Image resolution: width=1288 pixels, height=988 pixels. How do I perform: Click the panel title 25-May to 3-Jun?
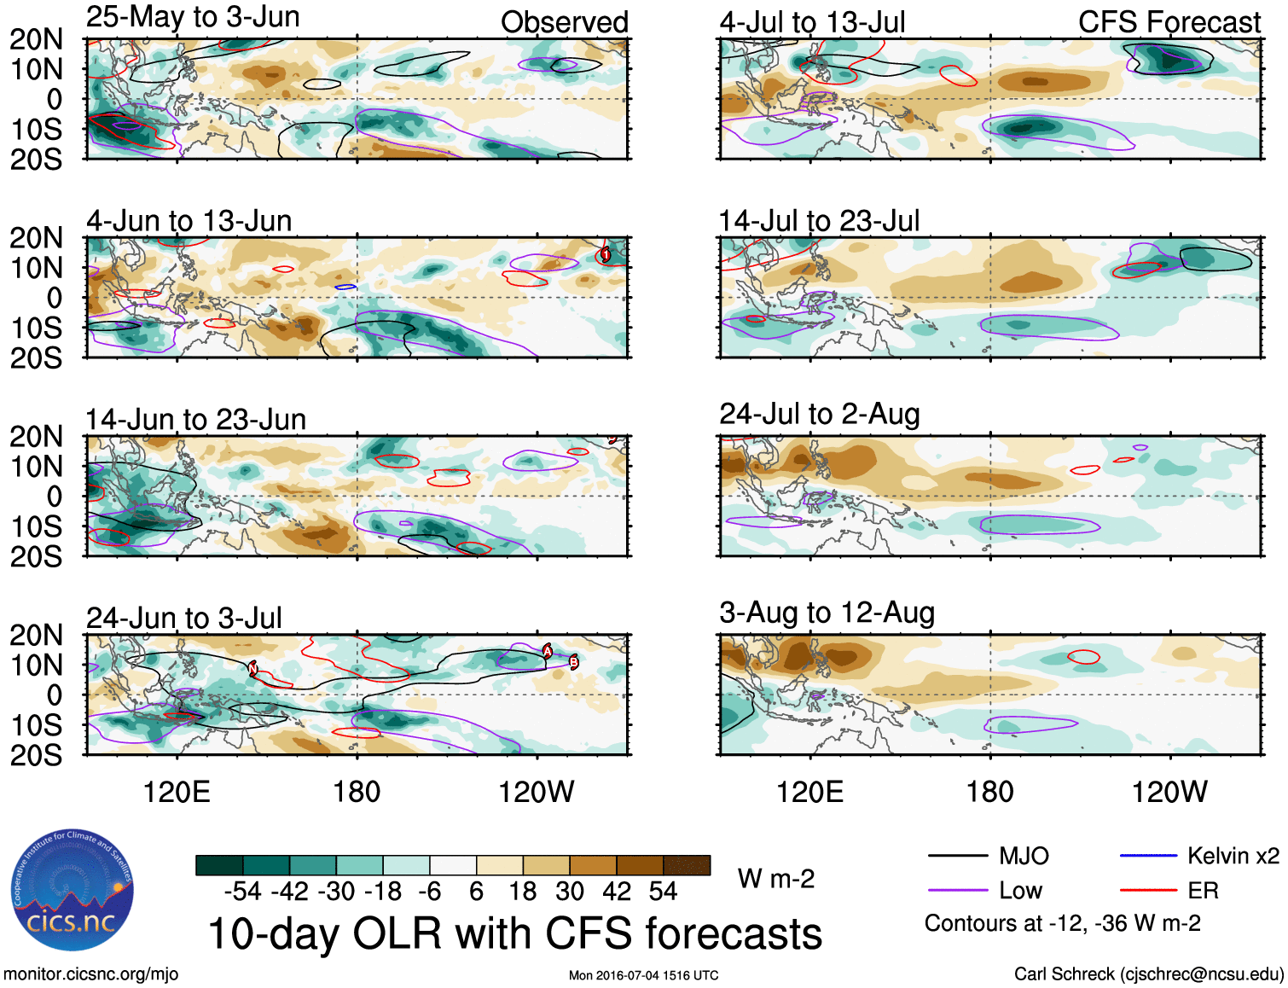193,17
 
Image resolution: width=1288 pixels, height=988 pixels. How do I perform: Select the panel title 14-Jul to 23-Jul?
819,221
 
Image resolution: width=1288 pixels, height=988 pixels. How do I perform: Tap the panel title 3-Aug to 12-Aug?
827,613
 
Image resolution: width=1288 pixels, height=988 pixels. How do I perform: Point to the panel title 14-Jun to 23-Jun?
195,420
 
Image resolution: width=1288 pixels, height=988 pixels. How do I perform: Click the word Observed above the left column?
564,22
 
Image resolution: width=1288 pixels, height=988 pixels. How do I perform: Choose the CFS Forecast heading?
1169,22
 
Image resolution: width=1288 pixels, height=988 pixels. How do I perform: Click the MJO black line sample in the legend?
957,856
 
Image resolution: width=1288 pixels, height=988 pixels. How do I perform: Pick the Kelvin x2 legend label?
1233,856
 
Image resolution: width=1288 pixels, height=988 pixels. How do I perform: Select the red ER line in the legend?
1147,891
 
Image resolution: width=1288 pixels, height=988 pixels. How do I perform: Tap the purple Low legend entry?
1020,891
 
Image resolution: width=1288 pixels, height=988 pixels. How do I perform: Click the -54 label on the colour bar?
242,892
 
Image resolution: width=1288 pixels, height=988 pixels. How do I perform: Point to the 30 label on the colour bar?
569,892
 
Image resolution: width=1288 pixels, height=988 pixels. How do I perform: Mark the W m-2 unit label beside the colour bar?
775,879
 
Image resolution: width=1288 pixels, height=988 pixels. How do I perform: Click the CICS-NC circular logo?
73,890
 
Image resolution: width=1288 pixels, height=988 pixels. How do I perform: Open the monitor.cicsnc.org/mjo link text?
90,974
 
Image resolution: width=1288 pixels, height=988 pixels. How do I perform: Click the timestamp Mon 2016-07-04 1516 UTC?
643,975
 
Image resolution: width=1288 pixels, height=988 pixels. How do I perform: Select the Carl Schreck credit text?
1148,974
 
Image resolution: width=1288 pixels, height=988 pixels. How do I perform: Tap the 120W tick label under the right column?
1169,793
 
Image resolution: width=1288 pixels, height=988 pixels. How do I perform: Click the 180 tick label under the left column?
357,793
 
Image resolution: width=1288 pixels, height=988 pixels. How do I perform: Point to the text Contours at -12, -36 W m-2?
1062,923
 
